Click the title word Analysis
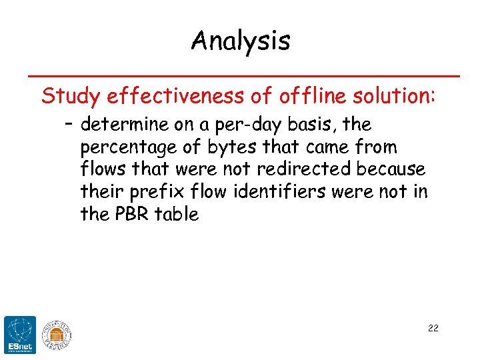pyautogui.click(x=241, y=41)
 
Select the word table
pyautogui.click(x=177, y=214)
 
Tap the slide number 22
pyautogui.click(x=433, y=328)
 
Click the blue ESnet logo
pyautogui.click(x=19, y=333)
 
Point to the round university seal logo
pyautogui.click(x=56, y=333)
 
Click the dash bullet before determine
pyautogui.click(x=69, y=125)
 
